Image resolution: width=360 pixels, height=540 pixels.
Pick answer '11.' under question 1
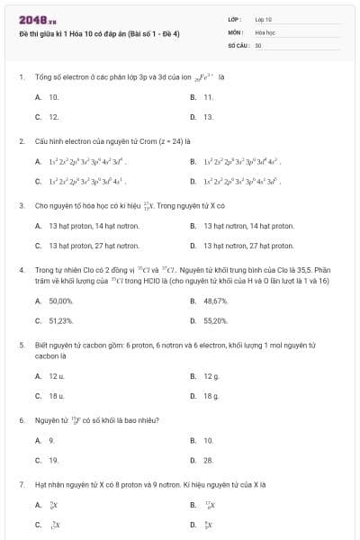208,96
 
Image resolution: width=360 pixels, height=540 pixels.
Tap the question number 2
21,141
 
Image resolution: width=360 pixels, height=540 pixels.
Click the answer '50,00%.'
60,301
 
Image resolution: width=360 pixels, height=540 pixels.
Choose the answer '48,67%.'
216,301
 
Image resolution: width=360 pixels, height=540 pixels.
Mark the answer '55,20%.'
216,320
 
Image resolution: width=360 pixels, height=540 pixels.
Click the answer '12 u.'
56,375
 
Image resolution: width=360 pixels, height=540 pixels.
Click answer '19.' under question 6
53,460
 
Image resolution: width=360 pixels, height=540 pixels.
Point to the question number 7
21,484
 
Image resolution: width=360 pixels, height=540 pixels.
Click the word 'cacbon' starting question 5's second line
46,355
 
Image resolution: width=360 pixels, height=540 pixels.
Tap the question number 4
21,269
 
